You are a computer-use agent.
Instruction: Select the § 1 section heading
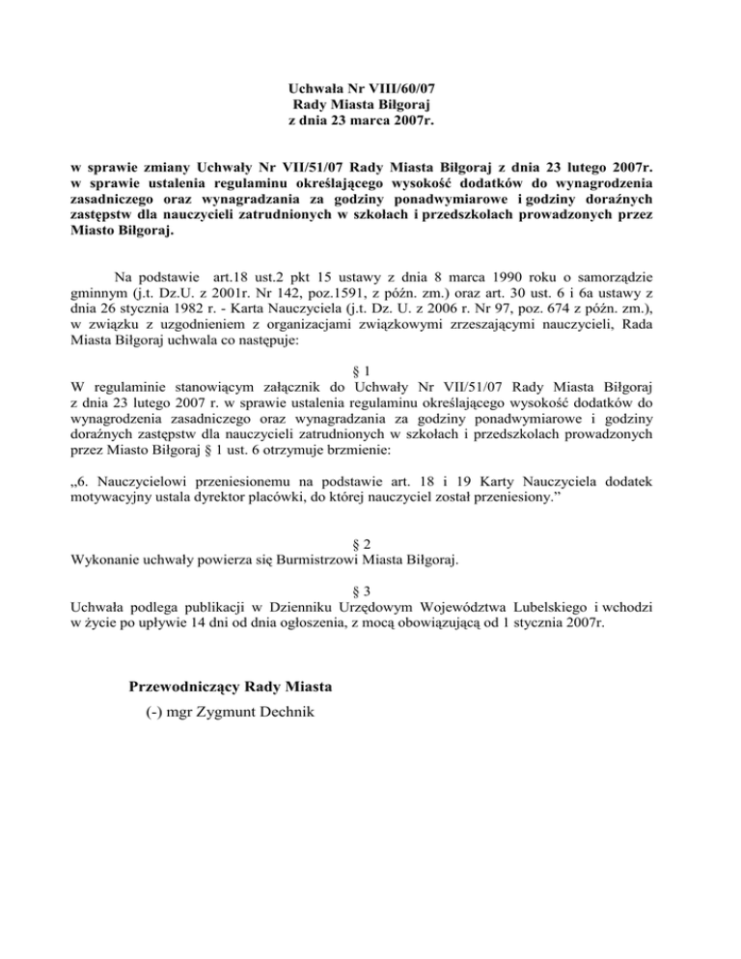point(370,370)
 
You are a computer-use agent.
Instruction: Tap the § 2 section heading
point(370,541)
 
